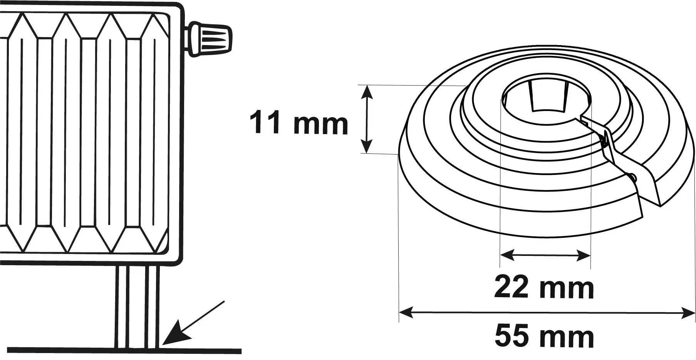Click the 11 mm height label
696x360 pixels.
[299, 123]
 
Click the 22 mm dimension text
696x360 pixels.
[544, 287]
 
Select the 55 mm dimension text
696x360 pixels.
[544, 336]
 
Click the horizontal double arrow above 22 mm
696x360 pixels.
[545, 255]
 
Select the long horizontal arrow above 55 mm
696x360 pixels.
[547, 313]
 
